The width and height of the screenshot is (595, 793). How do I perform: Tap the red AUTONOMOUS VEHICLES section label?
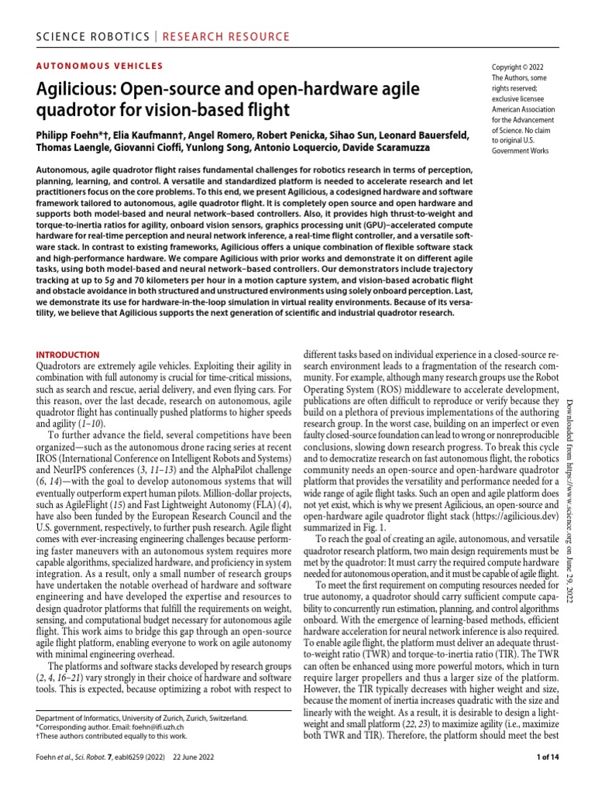pyautogui.click(x=100, y=67)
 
